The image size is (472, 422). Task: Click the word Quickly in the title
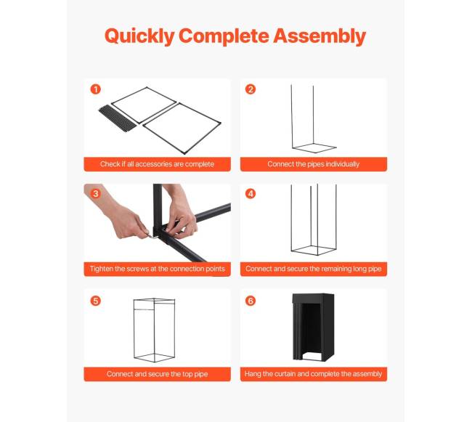click(x=139, y=36)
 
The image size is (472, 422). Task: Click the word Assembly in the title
click(x=320, y=36)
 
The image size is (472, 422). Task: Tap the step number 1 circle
click(x=96, y=89)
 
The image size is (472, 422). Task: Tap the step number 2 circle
click(x=251, y=89)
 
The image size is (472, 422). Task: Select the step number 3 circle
click(x=96, y=193)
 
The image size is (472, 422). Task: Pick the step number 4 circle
click(x=251, y=193)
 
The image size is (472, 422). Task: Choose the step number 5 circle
click(x=96, y=301)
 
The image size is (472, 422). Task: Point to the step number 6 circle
click(x=251, y=301)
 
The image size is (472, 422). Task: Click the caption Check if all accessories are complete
click(x=157, y=164)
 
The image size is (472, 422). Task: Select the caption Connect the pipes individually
click(x=314, y=164)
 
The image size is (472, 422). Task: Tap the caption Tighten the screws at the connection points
click(x=157, y=269)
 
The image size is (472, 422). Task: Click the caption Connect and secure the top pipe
click(x=157, y=374)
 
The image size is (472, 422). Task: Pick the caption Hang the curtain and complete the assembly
click(x=314, y=374)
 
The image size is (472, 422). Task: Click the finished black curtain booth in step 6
click(x=314, y=327)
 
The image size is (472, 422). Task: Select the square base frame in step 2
click(x=314, y=147)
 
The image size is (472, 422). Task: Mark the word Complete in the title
click(x=224, y=36)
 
